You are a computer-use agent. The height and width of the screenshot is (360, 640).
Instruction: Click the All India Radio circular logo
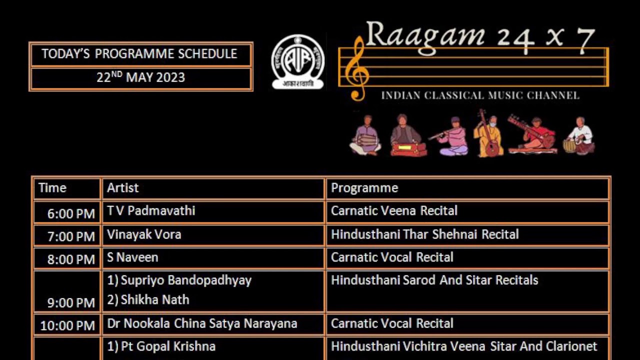point(297,61)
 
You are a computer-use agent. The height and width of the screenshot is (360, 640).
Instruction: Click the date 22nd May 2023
point(140,78)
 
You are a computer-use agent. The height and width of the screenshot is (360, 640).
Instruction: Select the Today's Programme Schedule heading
point(139,54)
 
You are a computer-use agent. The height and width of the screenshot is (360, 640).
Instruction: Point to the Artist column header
point(123,188)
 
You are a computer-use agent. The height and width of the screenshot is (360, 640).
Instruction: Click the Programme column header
point(364,188)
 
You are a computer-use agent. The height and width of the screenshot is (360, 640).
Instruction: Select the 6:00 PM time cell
point(71,213)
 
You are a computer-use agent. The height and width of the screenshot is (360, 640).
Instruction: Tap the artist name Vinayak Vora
point(144,234)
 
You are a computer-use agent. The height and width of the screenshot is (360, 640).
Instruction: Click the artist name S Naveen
point(132,257)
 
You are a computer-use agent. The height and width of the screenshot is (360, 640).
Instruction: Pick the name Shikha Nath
point(154,300)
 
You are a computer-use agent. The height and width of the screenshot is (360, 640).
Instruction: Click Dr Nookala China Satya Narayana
point(202,323)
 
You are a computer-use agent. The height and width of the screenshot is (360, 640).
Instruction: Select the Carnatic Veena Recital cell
point(394,211)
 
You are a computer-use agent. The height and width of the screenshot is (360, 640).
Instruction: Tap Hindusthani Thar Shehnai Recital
point(424,234)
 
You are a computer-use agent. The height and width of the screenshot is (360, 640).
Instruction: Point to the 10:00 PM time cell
point(67,325)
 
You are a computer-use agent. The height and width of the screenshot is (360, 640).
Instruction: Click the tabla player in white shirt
point(579,136)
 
